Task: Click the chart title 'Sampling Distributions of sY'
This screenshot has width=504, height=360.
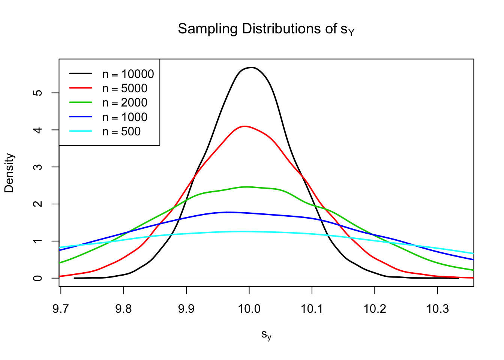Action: click(x=266, y=29)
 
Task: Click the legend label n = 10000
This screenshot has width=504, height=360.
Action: click(x=128, y=74)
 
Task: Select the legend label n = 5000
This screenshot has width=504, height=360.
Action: click(x=124, y=88)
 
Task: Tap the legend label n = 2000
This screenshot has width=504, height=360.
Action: click(x=124, y=103)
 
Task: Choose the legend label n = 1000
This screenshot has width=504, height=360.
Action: click(x=124, y=117)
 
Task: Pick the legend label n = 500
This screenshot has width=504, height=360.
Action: click(x=121, y=132)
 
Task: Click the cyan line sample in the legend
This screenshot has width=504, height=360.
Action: click(x=81, y=131)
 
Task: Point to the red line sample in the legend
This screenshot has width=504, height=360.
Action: click(x=81, y=88)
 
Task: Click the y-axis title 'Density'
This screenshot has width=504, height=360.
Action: click(x=9, y=173)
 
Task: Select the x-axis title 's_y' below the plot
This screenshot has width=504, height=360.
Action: click(x=266, y=334)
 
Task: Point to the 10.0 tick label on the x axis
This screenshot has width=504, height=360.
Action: click(x=249, y=309)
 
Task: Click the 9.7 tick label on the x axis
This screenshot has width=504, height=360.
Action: click(x=61, y=309)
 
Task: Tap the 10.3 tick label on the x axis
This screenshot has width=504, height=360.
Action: click(x=437, y=309)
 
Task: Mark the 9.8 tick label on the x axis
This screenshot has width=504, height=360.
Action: click(x=123, y=309)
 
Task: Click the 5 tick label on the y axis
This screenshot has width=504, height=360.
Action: click(x=38, y=93)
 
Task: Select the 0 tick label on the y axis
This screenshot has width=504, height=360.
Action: click(x=38, y=278)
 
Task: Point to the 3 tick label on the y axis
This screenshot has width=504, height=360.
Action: click(x=38, y=166)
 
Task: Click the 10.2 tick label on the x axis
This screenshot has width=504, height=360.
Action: click(x=375, y=309)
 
